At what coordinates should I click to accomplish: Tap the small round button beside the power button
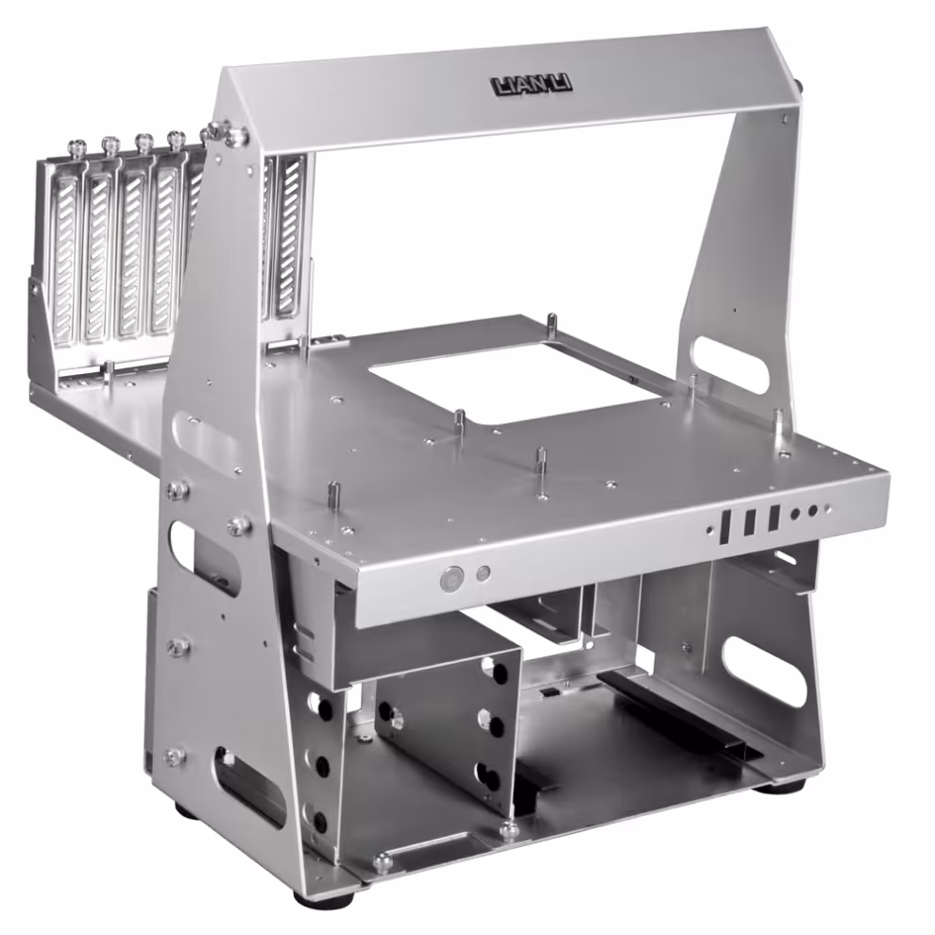(x=484, y=573)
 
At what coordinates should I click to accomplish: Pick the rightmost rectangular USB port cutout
(x=773, y=518)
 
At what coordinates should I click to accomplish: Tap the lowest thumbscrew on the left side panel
(x=175, y=756)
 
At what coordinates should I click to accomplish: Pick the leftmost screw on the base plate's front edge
(x=382, y=861)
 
